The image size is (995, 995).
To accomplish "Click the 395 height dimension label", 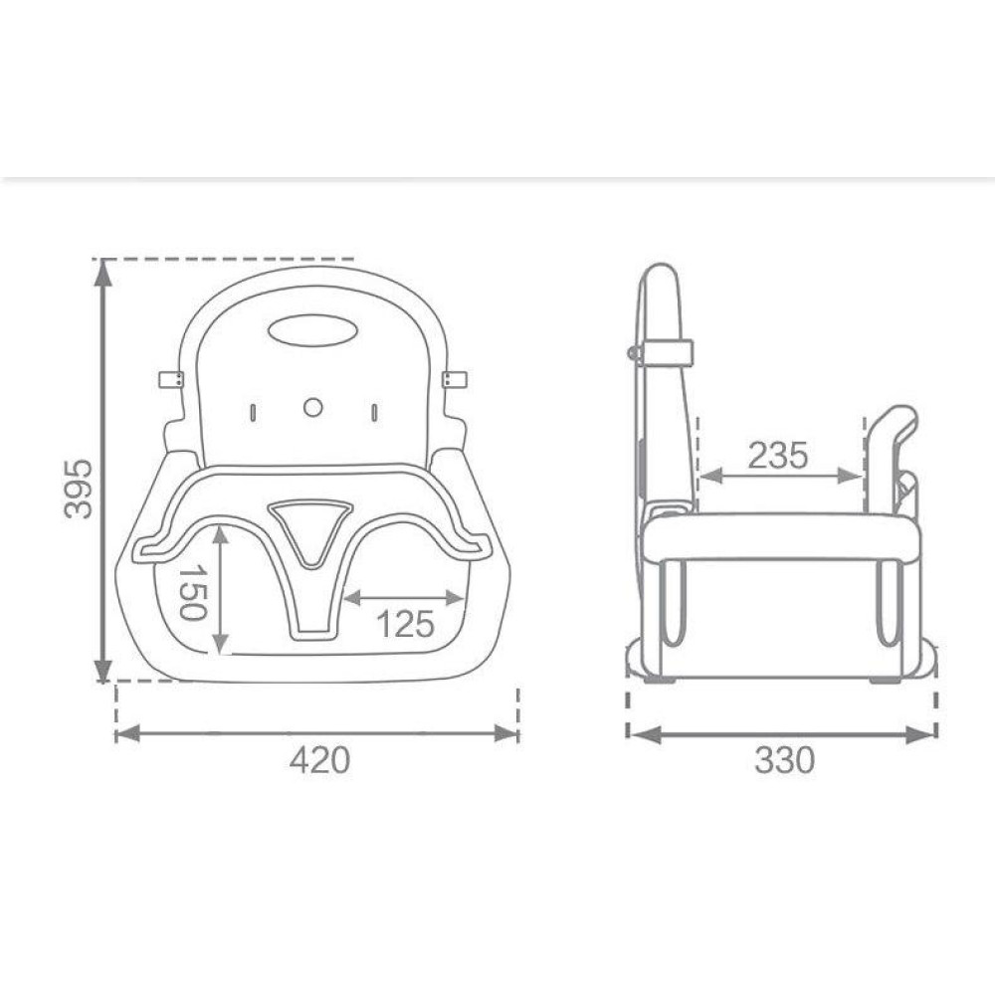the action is [79, 489].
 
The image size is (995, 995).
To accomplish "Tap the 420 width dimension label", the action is [319, 759].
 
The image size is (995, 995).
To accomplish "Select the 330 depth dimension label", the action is [784, 759].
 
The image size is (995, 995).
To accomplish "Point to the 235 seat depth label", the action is [778, 455].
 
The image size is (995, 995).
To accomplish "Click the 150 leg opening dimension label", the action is [193, 593].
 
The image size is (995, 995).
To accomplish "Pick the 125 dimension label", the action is [406, 624].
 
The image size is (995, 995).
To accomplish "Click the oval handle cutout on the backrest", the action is [310, 330].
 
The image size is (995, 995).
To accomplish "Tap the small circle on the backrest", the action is [312, 407].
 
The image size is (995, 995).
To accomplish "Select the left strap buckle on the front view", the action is [171, 379].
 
